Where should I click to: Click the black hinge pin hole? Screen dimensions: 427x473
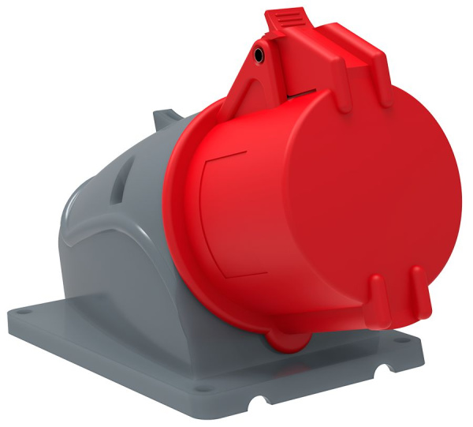tap(259, 54)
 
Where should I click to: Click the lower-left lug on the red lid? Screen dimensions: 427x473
tap(377, 296)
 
